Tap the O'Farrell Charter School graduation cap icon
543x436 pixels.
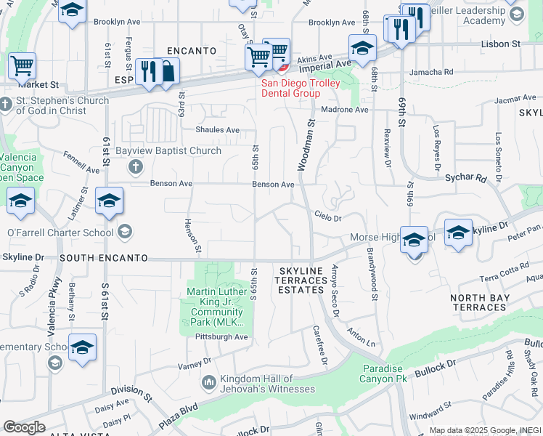(124, 233)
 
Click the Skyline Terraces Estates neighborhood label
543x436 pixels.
(301, 280)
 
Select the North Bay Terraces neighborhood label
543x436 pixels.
(478, 302)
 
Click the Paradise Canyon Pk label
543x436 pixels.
(391, 374)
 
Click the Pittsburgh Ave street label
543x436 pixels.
(221, 337)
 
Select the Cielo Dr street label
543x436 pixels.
(327, 216)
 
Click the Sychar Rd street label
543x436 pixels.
(465, 177)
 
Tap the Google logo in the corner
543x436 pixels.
(24, 427)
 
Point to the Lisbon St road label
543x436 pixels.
(501, 44)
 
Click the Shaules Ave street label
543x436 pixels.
(217, 130)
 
